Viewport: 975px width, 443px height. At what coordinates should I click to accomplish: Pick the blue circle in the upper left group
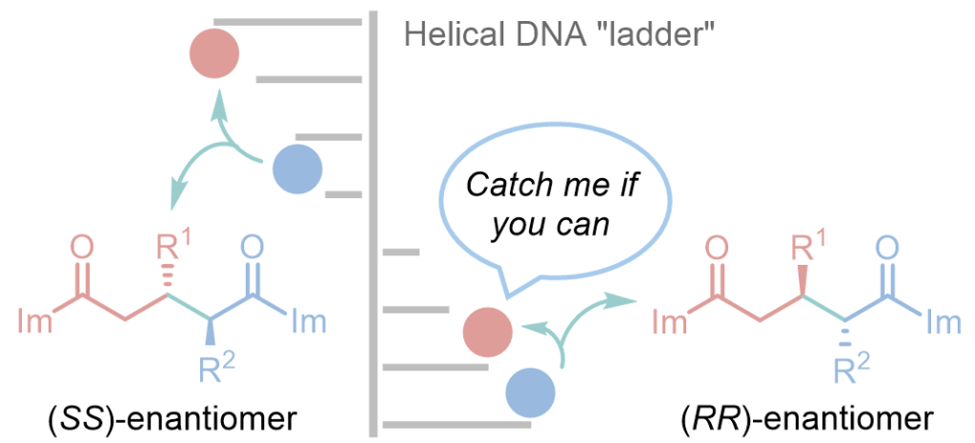tap(297, 171)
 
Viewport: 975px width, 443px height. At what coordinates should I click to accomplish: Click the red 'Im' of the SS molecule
tap(36, 320)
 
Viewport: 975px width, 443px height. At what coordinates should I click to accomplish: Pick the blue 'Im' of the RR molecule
tap(942, 321)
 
